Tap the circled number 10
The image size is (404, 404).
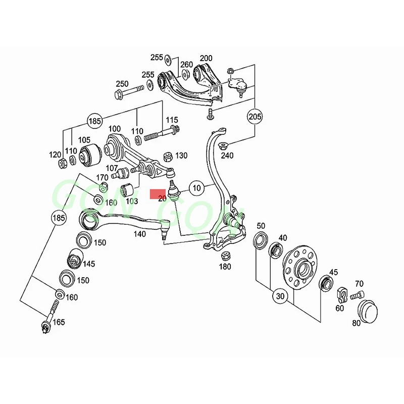pos(197,188)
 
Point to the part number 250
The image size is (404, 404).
pos(122,84)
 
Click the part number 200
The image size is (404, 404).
pos(206,58)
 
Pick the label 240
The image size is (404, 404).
pos(228,156)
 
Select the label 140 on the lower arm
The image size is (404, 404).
pos(140,234)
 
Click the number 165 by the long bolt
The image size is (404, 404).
pos(59,321)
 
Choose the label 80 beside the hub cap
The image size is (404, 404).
pos(356,323)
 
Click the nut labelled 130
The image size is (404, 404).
pos(169,155)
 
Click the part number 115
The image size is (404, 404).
pos(172,120)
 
